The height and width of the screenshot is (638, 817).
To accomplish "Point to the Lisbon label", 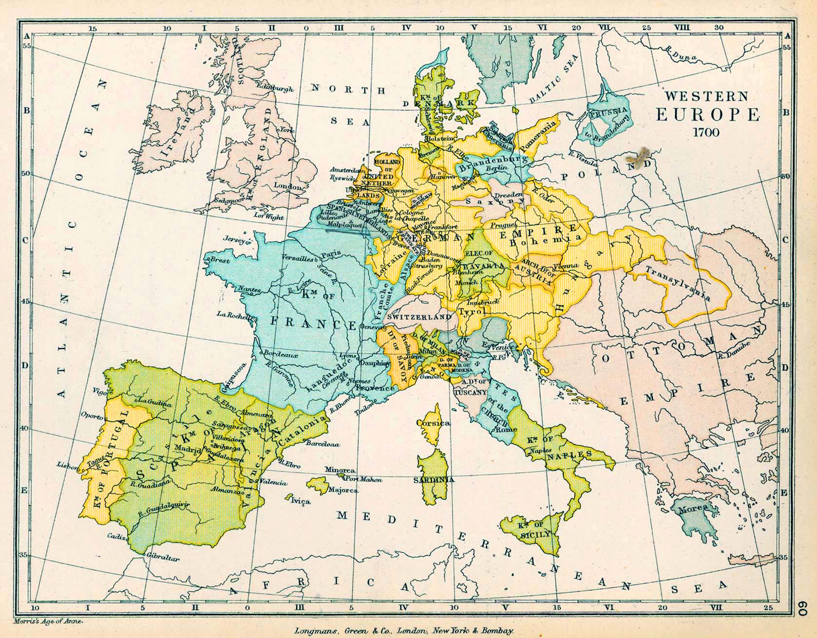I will click(x=67, y=465).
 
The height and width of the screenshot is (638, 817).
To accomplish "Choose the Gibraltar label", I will click(x=164, y=559).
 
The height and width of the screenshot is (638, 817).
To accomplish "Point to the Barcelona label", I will click(x=323, y=444).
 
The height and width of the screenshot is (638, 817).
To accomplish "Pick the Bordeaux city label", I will click(x=282, y=355).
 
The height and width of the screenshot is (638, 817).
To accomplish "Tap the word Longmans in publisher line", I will click(x=312, y=631).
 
